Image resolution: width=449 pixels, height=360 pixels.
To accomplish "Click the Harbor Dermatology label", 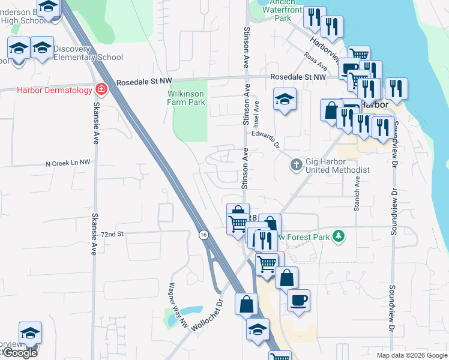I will [46, 90].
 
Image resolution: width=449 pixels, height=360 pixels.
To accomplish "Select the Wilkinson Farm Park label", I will [186, 98].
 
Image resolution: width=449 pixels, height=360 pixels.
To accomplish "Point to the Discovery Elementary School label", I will [88, 53].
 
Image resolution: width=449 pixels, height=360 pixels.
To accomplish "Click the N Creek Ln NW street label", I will [68, 163].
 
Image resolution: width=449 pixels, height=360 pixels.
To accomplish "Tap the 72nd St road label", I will [112, 234].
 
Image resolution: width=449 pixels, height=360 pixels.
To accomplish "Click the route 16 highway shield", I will [204, 235].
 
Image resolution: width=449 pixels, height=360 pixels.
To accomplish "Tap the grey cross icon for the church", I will [295, 164].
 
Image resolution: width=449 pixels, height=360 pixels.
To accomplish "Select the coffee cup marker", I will [298, 299].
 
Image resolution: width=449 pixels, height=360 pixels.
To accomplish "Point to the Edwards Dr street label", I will [266, 139].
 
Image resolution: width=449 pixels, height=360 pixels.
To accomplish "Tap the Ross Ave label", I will [315, 61].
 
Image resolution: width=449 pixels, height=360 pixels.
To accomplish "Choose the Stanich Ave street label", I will [357, 198].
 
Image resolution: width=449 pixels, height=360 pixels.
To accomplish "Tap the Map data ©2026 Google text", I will [411, 355].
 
